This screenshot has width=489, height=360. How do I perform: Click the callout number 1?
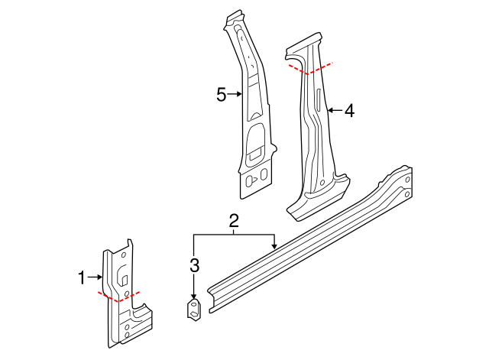point(83,278)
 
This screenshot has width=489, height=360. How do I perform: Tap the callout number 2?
point(235,222)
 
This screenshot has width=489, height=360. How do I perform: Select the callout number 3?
point(195,266)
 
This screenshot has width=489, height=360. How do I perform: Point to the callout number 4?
point(349,111)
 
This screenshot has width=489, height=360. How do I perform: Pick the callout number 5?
point(221,95)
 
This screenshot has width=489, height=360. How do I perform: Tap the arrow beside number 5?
point(236,95)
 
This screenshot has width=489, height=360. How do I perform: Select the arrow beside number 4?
point(333,111)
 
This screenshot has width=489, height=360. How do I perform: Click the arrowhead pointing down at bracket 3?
point(194,297)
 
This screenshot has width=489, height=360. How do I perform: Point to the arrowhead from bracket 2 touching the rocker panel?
point(274,246)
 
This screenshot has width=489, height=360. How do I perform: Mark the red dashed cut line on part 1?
point(118,297)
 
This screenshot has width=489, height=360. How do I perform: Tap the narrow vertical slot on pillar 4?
point(315,101)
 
